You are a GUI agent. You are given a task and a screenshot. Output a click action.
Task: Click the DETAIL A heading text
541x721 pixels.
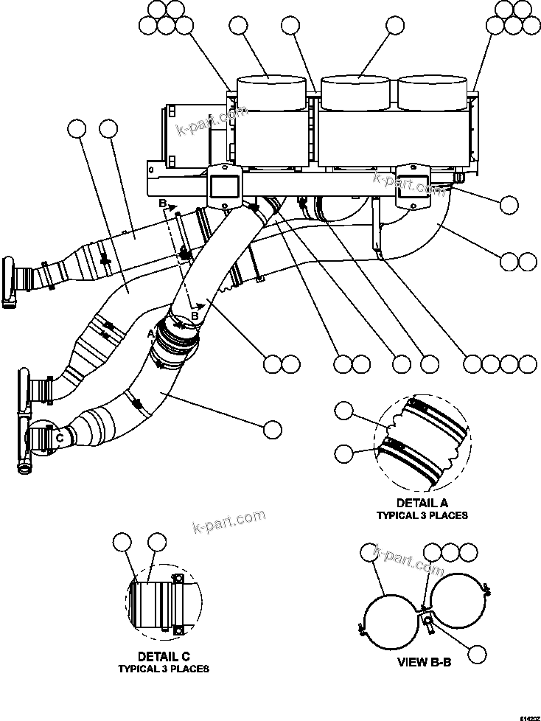(422, 503)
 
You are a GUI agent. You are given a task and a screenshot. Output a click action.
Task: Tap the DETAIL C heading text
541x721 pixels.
(164, 656)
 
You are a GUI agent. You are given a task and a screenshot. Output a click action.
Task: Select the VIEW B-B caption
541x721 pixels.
(424, 662)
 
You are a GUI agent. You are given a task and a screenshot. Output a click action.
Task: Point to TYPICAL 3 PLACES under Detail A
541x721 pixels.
(422, 515)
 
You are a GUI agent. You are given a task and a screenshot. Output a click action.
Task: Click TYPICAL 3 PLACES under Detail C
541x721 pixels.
(164, 669)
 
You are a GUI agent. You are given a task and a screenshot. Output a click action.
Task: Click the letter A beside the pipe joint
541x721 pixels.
(152, 333)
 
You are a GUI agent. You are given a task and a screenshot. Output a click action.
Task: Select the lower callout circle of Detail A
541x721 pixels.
(345, 452)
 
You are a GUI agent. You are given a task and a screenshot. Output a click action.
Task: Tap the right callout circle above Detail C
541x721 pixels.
(156, 544)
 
